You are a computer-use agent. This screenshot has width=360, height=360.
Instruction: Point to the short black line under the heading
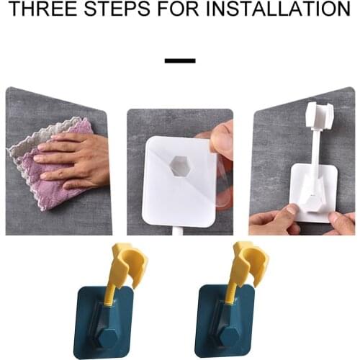(x=180, y=60)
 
